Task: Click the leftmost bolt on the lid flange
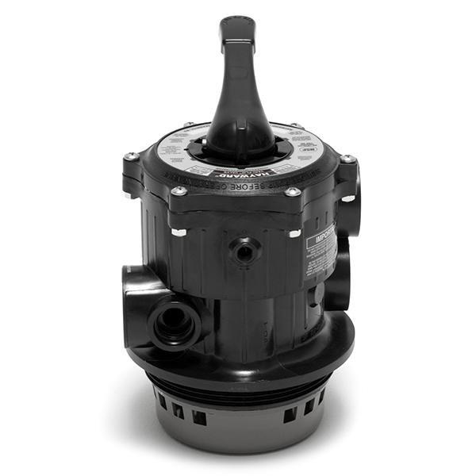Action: (x=130, y=157)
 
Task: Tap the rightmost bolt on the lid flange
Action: (x=347, y=160)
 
